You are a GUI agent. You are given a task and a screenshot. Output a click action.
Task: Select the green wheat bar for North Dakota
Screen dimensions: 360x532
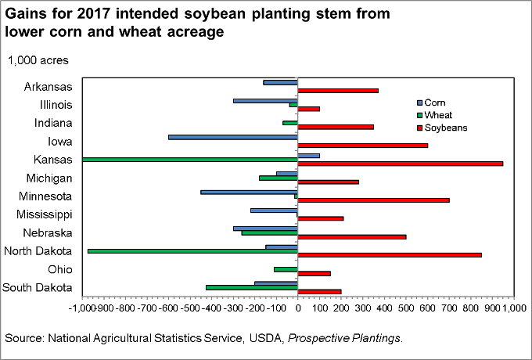[192, 250]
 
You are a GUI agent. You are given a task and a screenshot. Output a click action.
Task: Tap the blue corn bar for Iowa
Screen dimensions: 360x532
[233, 137]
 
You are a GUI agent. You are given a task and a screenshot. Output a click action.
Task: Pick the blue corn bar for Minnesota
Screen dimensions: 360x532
[249, 192]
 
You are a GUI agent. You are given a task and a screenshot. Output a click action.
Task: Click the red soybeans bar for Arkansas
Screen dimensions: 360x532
[338, 91]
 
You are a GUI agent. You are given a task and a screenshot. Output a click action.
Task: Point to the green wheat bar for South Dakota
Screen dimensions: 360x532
[252, 287]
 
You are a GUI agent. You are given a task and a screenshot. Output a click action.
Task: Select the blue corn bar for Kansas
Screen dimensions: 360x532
[309, 155]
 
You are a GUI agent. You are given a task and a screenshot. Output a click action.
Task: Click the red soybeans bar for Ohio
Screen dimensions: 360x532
[315, 273]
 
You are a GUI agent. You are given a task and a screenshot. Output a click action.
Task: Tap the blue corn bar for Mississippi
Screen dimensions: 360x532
[274, 210]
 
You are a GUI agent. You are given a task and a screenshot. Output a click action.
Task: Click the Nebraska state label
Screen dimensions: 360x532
[49, 233]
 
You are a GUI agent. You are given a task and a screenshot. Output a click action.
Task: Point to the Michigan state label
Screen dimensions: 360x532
[49, 178]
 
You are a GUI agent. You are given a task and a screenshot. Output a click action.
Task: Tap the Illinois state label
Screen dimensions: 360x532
[56, 105]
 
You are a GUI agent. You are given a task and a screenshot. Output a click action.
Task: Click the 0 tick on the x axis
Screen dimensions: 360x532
[298, 309]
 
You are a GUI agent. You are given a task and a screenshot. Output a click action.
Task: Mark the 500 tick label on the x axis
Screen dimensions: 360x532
[406, 309]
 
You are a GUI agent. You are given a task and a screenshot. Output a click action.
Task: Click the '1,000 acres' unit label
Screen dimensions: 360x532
[38, 60]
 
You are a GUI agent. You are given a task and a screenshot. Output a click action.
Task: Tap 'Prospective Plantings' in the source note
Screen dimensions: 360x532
[358, 339]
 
